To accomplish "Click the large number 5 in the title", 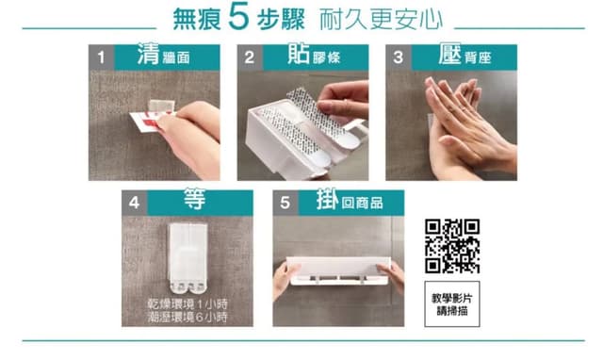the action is click(238, 17).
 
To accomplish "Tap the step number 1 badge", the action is click(101, 57).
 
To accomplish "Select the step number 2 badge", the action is click(250, 57).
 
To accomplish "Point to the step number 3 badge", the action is click(399, 57).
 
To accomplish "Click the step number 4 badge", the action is click(134, 203).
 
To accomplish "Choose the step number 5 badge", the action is click(285, 203).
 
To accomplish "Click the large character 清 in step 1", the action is click(148, 54).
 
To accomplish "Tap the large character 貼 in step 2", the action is click(299, 54).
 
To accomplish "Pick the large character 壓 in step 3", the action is click(449, 54).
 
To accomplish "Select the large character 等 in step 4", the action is click(195, 199).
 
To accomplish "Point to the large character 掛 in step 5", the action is click(328, 199).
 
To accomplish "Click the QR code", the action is click(452, 246).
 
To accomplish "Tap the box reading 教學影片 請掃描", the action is click(452, 304).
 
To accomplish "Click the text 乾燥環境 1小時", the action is click(187, 304).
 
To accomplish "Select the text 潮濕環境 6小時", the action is click(187, 318).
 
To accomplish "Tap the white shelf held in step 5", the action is click(338, 271).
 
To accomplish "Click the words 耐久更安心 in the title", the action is click(381, 19).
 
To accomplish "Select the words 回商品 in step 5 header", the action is click(362, 203).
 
